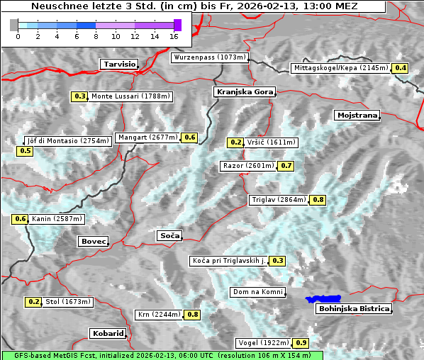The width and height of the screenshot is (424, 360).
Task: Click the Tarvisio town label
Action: click(x=118, y=64)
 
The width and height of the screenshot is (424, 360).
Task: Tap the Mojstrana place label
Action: click(x=357, y=115)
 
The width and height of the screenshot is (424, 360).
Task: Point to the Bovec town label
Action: click(x=93, y=242)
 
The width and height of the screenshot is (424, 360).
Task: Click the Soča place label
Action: click(x=169, y=235)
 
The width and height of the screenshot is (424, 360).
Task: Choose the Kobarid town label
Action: click(x=108, y=333)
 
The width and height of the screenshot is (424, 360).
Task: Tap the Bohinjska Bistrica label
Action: click(x=354, y=309)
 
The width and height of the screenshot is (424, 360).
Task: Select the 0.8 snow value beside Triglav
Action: click(x=318, y=200)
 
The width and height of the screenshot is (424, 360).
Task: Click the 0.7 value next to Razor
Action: click(x=286, y=166)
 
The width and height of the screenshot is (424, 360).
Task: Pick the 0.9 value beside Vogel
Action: click(x=301, y=343)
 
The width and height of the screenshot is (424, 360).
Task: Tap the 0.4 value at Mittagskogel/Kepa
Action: click(x=401, y=68)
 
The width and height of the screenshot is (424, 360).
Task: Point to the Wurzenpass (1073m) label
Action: click(x=209, y=57)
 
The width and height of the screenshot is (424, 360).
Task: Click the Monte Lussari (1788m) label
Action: click(x=130, y=96)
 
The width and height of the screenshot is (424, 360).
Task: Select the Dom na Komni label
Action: click(x=257, y=292)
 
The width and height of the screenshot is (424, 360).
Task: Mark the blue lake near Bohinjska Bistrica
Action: click(x=323, y=300)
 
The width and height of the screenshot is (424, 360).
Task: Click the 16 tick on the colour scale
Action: click(x=174, y=35)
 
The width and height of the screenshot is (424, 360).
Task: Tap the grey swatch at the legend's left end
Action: click(x=14, y=25)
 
